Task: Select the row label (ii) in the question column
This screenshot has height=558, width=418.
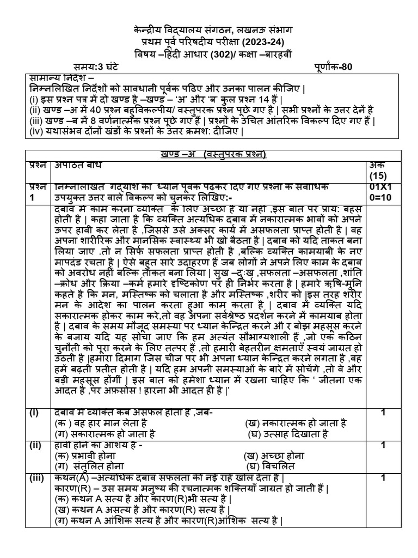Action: coord(36,445)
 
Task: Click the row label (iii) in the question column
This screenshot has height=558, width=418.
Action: coord(37,478)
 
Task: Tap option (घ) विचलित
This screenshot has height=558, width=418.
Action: coord(269,466)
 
